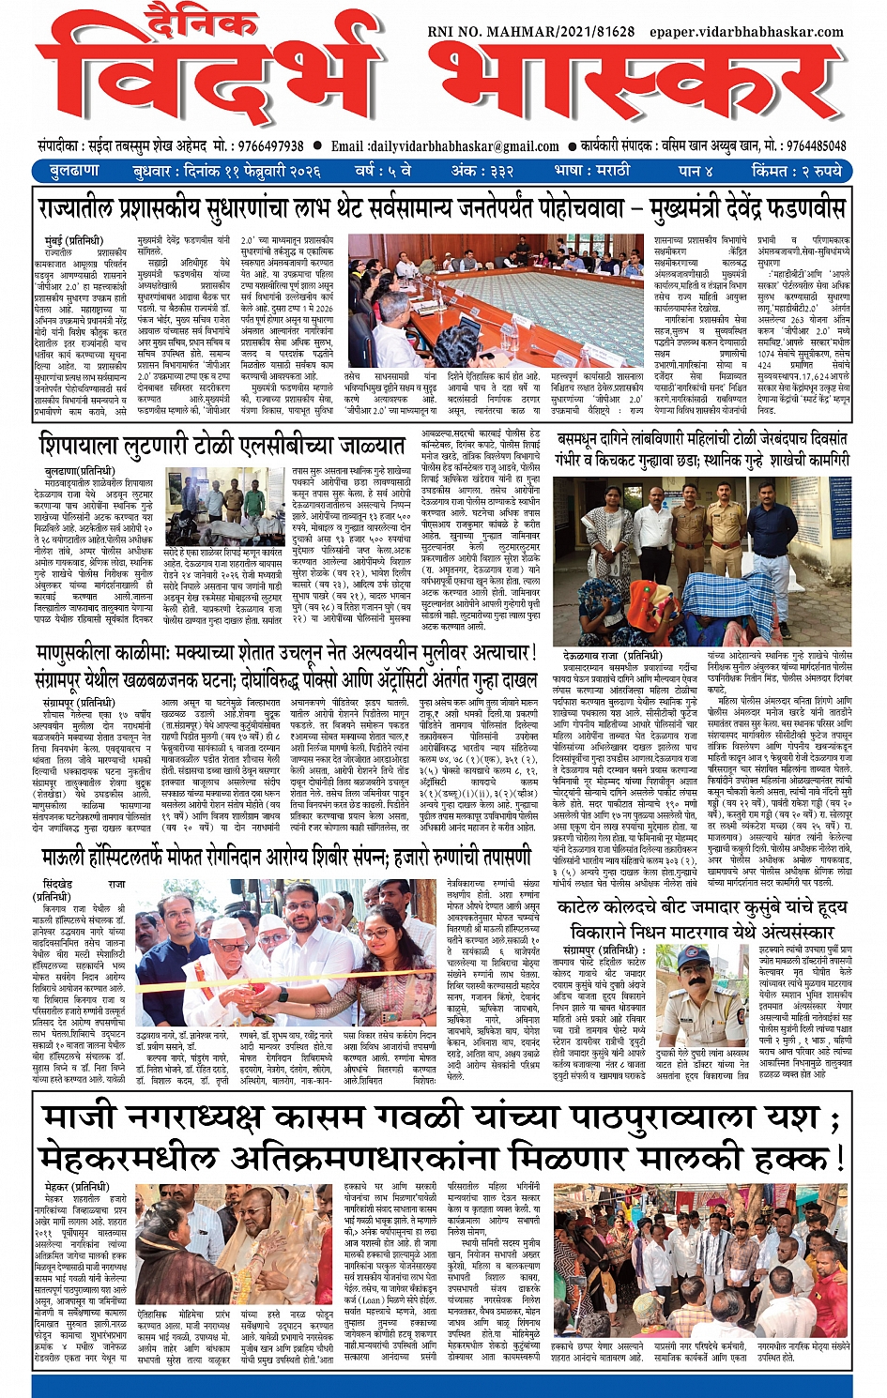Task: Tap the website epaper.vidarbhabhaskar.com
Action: tap(746, 31)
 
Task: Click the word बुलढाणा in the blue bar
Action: tap(74, 171)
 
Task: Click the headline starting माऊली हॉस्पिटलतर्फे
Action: tap(286, 856)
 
